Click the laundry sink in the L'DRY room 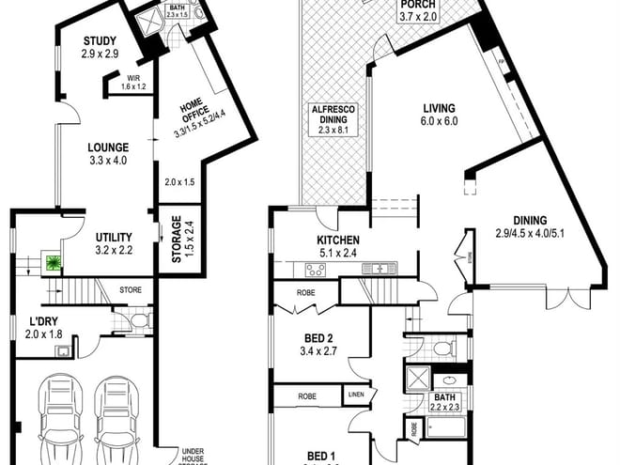tap(63, 353)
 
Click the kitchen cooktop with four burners tap(316, 271)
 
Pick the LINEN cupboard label tap(356, 395)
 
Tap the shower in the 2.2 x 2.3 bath tap(416, 380)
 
